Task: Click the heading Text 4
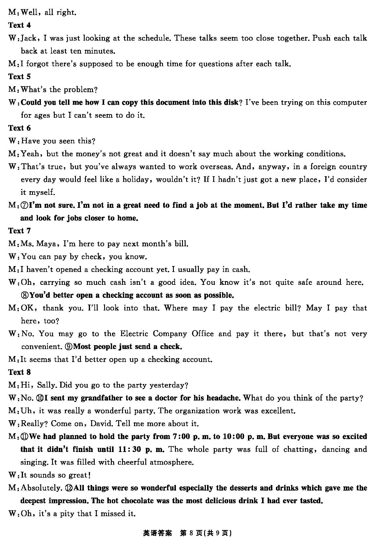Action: click(19, 25)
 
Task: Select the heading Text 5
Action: click(19, 77)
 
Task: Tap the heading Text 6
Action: click(19, 128)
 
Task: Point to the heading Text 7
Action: click(19, 231)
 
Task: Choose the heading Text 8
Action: click(19, 372)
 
